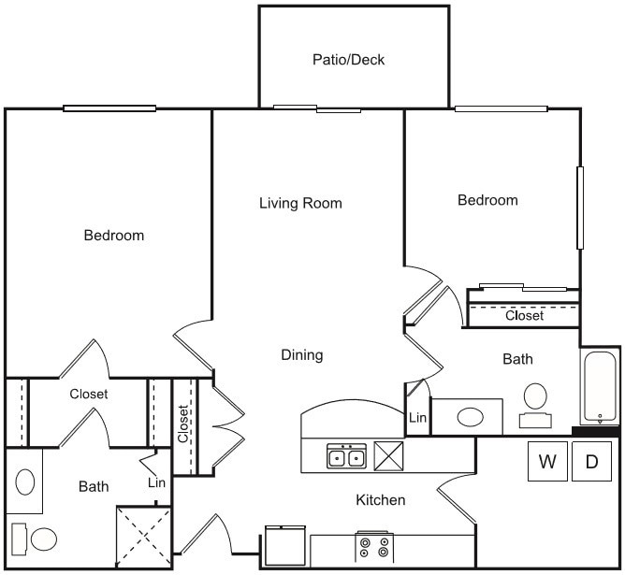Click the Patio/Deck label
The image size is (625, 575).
(x=348, y=60)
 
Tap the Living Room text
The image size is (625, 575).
(x=300, y=203)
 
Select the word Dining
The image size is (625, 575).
(x=302, y=355)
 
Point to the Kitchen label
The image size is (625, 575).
(x=381, y=500)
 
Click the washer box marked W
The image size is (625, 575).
(x=547, y=461)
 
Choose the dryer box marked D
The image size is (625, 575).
(x=591, y=461)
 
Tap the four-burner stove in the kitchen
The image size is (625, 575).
(x=374, y=547)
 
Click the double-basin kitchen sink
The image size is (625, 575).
(x=346, y=456)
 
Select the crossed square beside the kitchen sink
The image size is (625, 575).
(x=387, y=455)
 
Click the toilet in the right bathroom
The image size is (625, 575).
(x=536, y=398)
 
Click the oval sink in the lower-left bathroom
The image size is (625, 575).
(x=25, y=482)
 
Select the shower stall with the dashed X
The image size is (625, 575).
(x=143, y=537)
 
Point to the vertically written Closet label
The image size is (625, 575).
(x=184, y=424)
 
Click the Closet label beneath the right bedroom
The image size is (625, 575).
(x=524, y=316)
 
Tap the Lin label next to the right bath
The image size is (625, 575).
(x=417, y=420)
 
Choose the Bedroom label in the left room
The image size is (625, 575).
(x=114, y=236)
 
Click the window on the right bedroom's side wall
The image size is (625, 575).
(x=580, y=208)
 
